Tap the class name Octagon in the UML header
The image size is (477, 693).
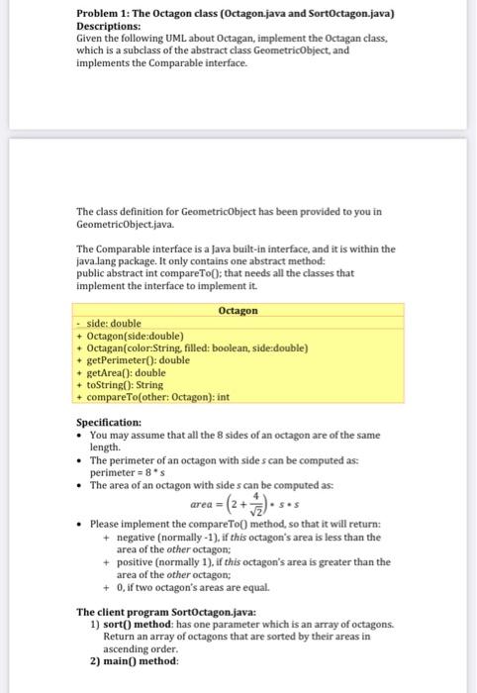(238, 310)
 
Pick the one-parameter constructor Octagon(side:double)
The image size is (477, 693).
(140, 336)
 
